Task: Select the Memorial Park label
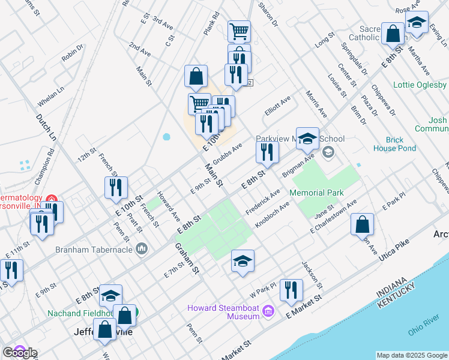316,193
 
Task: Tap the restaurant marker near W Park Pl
291,290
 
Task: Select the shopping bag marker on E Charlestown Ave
363,224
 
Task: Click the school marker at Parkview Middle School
307,139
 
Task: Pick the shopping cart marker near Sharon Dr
239,30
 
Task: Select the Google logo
19,353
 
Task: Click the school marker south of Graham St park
243,261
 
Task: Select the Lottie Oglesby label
420,85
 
